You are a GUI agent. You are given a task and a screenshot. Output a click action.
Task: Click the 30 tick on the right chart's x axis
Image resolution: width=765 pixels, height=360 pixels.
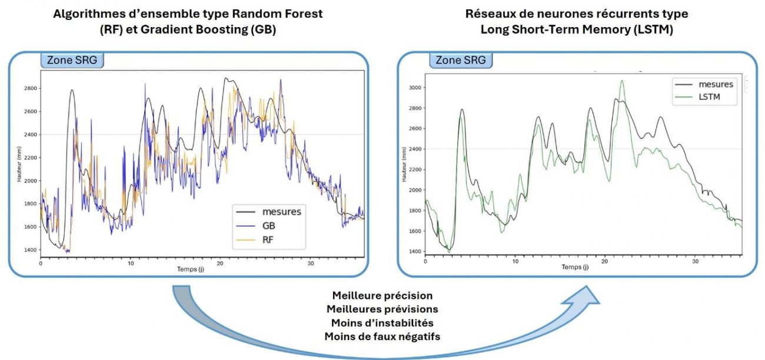click(x=696, y=260)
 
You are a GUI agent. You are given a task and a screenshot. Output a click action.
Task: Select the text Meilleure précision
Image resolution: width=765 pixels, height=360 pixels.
click(x=382, y=295)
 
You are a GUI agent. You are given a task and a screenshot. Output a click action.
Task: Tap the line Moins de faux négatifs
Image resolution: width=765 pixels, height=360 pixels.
click(x=382, y=336)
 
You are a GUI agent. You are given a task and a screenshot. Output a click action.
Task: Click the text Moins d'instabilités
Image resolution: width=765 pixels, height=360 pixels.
click(x=382, y=322)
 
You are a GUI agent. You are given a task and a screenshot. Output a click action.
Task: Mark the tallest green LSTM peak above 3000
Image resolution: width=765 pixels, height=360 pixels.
click(x=622, y=81)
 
